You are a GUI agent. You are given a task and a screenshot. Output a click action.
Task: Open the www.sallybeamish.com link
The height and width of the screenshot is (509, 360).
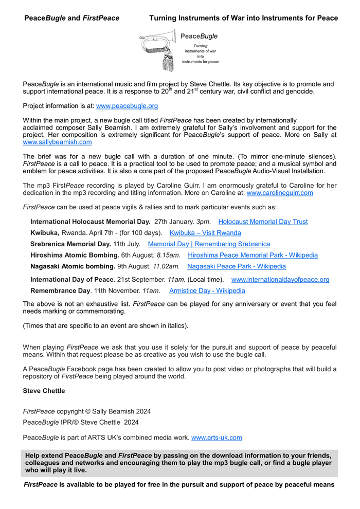[57, 142]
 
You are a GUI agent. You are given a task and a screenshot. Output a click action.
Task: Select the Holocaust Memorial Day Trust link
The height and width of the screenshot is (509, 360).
[263, 222]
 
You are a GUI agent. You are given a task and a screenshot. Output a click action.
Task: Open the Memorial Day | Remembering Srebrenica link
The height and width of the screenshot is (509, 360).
[209, 244]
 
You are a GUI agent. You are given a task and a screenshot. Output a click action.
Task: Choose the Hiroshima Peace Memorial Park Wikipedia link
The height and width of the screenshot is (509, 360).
[253, 255]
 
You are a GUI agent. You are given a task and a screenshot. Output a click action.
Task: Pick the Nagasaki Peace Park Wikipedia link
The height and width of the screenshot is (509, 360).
[237, 266]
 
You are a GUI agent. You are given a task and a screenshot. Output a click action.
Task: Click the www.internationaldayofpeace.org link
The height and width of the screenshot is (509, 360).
[280, 280]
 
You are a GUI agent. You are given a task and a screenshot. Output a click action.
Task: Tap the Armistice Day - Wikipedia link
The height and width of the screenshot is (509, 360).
[207, 290]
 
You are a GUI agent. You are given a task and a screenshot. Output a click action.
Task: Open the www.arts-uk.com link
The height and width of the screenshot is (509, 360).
[217, 438]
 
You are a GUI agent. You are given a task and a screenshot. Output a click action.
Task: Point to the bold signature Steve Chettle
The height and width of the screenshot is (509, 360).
[44, 391]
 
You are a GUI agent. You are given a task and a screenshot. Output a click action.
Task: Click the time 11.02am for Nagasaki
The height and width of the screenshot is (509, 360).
[166, 266]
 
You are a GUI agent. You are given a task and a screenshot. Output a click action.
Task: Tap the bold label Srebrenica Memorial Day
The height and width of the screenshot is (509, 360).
[70, 244]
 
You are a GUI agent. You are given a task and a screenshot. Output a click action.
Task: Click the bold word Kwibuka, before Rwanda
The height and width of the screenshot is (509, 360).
[45, 233]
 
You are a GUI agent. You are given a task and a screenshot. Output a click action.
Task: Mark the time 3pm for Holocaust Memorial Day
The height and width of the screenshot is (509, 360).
[203, 222]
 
